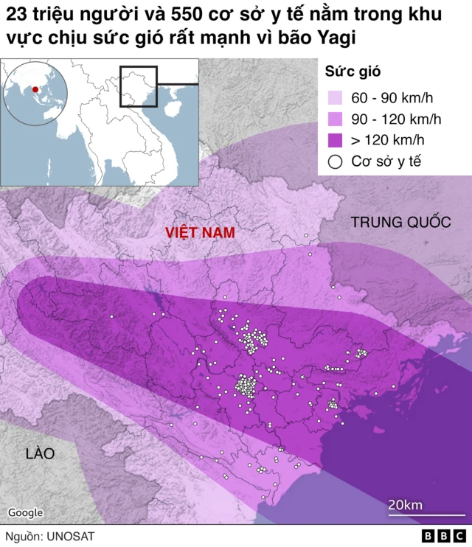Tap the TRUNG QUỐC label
[x=400, y=222]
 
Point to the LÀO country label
[x=39, y=453]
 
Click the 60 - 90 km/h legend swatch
[x=336, y=98]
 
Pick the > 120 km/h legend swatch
[x=336, y=140]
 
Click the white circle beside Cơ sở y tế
[x=336, y=161]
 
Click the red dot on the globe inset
[x=35, y=89]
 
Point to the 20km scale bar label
[x=405, y=504]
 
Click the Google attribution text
[x=26, y=512]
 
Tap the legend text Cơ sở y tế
[x=386, y=161]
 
